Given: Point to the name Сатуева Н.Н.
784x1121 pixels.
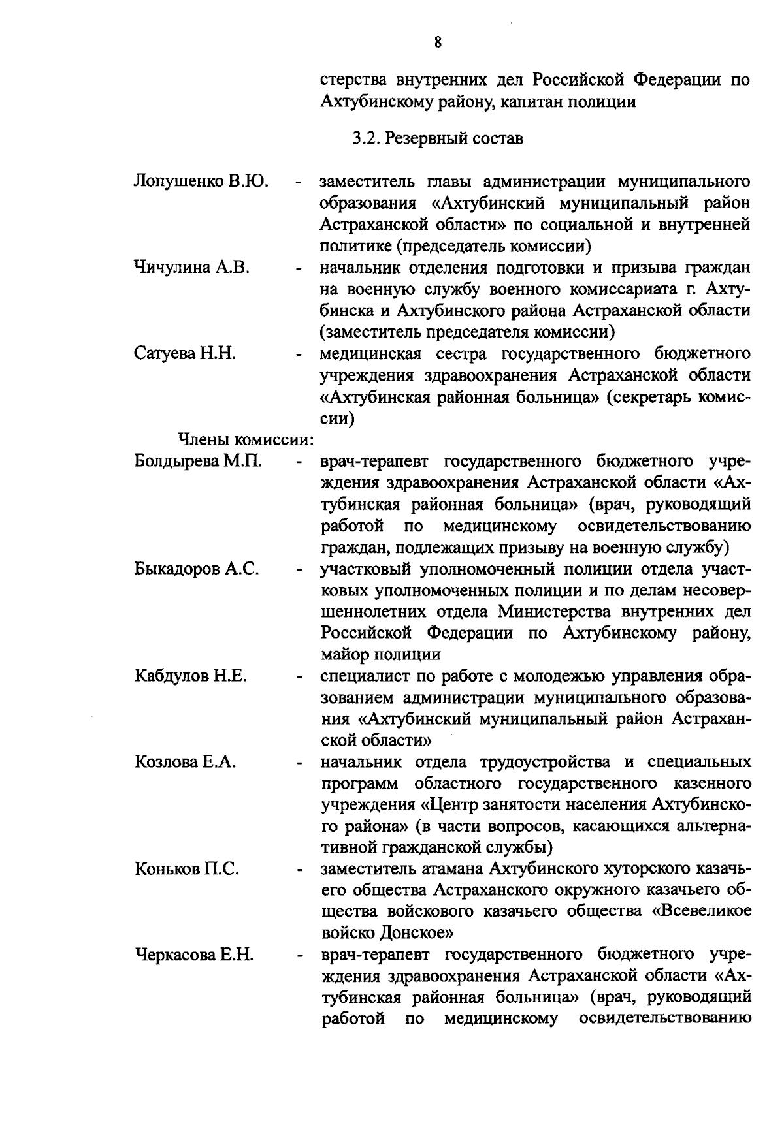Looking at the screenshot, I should point(185,353).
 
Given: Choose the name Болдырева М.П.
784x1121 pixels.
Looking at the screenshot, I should point(198,461).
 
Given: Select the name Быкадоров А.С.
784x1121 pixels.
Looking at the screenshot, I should point(197,569).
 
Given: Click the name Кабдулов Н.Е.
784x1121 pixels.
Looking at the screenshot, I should point(190,676).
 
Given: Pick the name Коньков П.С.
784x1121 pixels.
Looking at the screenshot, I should point(187,869).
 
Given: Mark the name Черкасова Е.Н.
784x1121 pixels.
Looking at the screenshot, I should point(194,955).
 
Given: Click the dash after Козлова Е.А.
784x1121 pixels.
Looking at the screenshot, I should point(299,763).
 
